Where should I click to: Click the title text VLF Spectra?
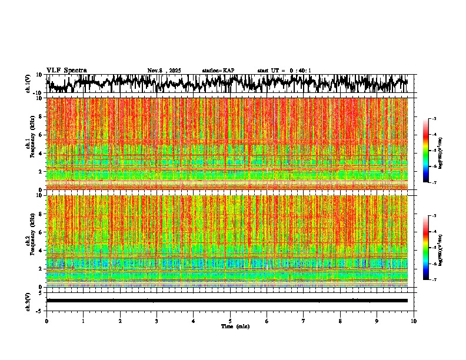coord(66,70)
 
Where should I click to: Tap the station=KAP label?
coord(218,71)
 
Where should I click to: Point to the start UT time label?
coord(284,71)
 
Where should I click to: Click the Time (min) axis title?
coord(235,326)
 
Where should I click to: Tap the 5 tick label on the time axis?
coord(230,321)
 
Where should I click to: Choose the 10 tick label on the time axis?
coord(414,321)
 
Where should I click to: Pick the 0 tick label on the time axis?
coord(46,321)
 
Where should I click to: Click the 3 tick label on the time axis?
coord(157,321)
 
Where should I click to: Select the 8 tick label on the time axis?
coord(340,321)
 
